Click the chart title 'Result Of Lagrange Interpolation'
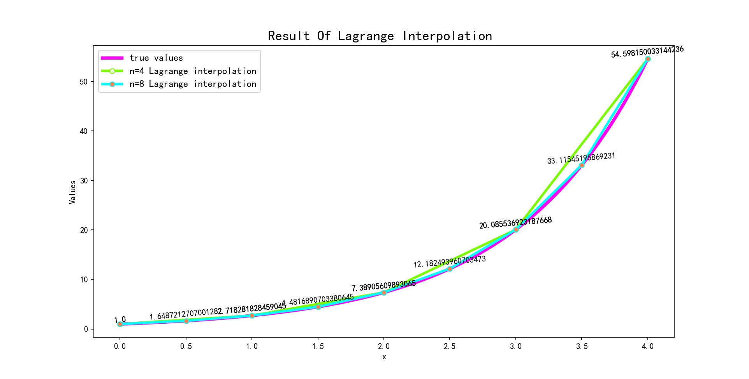click(x=380, y=36)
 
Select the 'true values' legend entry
click(x=156, y=58)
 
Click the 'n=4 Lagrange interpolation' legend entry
click(x=193, y=71)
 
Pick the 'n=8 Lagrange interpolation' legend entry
click(x=193, y=84)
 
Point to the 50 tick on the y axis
click(x=84, y=82)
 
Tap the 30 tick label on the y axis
click(x=84, y=181)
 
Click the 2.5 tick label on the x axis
click(x=450, y=346)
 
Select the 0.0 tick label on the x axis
click(x=120, y=346)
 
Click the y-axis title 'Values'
click(x=73, y=192)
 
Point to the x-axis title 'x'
click(x=384, y=357)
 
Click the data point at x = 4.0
click(x=648, y=59)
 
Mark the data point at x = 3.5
click(x=582, y=166)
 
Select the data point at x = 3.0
click(x=516, y=230)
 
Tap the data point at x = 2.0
click(x=384, y=293)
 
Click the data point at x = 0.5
click(x=186, y=321)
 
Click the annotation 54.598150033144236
click(x=647, y=52)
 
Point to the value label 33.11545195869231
click(x=581, y=158)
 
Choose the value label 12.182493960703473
click(x=450, y=262)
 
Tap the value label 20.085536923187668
click(x=515, y=223)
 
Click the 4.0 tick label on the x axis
click(x=648, y=346)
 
